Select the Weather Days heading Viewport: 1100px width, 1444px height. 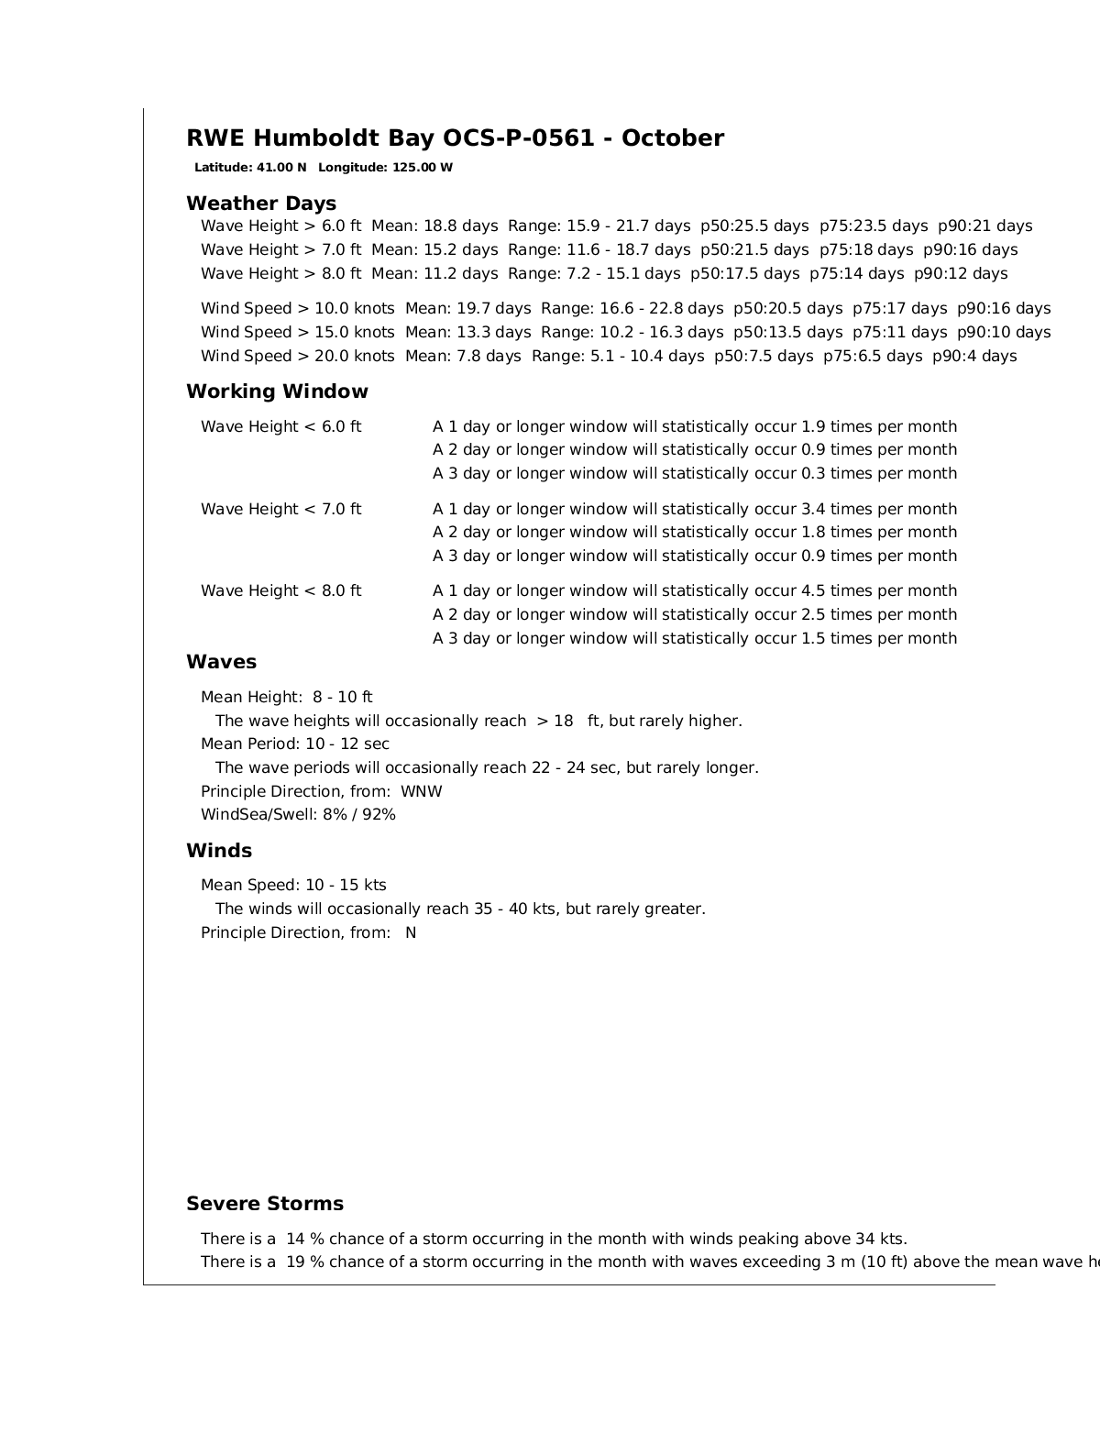pos(261,204)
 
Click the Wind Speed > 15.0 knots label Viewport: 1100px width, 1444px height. pos(298,333)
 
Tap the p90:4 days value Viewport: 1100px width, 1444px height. pos(973,357)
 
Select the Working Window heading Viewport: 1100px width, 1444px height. pos(277,392)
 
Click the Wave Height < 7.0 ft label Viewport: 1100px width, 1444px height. pos(281,510)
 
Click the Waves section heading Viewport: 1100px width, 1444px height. pos(221,662)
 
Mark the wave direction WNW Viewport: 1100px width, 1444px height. pos(422,792)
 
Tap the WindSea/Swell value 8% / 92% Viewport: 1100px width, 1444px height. pos(359,815)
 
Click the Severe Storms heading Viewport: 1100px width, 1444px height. pos(265,1205)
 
